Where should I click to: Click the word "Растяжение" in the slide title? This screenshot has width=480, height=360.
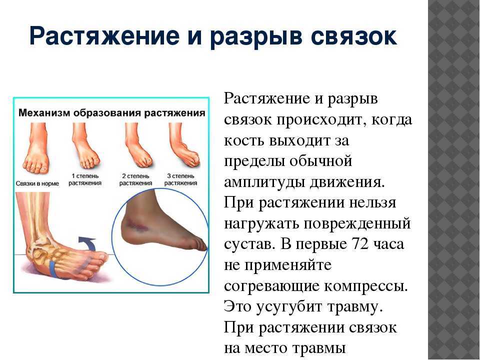pos(104,36)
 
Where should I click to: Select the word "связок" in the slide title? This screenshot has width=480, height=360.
pos(354,36)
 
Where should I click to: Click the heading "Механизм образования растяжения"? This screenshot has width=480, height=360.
pos(111,113)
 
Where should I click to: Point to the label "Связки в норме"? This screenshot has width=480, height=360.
pos(37,183)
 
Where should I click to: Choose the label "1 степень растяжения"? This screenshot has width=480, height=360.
pos(85,179)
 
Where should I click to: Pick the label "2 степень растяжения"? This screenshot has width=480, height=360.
pos(135,179)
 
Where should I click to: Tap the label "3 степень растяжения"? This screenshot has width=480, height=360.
pos(180,179)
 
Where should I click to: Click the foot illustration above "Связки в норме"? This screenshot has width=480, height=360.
pos(36,148)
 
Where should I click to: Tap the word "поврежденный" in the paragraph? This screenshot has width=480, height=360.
pos(357,224)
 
